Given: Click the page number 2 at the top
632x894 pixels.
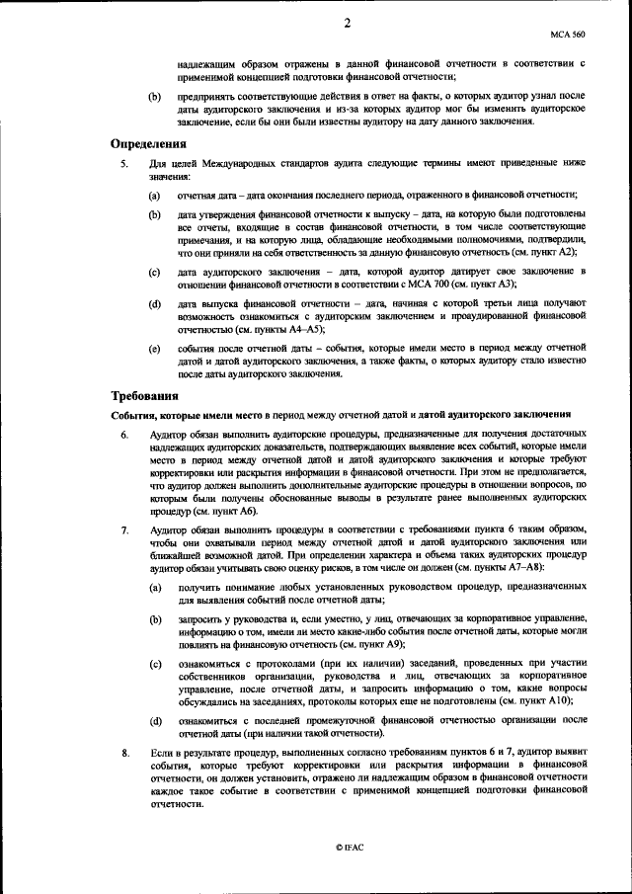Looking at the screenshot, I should [x=348, y=23].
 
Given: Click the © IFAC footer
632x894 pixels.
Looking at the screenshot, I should [x=349, y=849].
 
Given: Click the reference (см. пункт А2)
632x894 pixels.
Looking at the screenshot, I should [x=549, y=253].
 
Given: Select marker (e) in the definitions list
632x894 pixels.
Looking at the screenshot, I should [x=155, y=349].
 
